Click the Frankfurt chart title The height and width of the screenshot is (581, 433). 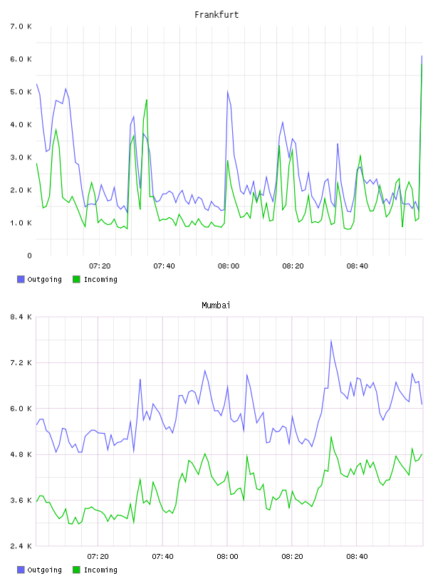coord(216,14)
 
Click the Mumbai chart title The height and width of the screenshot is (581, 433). coord(216,305)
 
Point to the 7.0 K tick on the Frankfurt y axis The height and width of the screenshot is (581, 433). coord(21,26)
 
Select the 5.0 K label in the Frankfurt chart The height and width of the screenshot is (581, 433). coord(21,92)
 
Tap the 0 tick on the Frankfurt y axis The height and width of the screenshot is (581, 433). coord(29,256)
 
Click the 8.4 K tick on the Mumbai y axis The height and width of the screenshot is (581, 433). coord(21,317)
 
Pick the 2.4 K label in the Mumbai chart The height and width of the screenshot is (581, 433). coord(21,546)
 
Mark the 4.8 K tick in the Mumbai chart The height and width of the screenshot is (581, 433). coord(21,454)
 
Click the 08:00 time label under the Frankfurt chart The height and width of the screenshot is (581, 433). coord(229,266)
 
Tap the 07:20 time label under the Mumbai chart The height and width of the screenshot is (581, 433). coord(98,556)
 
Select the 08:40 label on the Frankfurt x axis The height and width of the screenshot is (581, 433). coord(358,266)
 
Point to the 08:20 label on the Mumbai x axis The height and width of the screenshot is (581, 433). coord(292,556)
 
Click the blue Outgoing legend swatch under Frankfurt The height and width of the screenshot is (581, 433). coord(21,279)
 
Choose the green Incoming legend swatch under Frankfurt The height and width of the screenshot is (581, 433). coord(76,279)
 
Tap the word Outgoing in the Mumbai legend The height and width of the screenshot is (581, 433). coord(44,570)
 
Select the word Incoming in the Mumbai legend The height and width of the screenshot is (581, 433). coord(100,570)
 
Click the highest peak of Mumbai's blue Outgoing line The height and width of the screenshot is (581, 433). coord(331,340)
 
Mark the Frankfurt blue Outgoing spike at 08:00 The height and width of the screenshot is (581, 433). coord(228,91)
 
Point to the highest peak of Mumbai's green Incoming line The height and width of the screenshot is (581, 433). coord(331,437)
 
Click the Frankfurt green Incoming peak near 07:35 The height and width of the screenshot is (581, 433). coord(147,100)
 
